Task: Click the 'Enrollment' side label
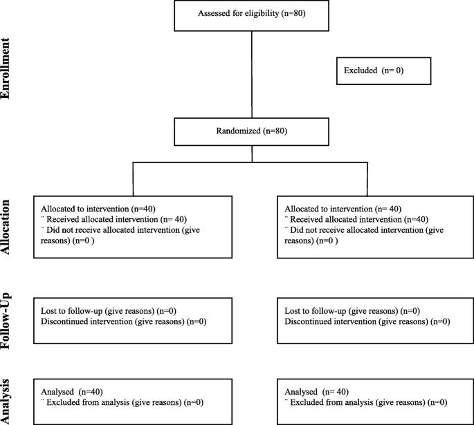pyautogui.click(x=6, y=68)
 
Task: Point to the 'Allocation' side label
pyautogui.click(x=6, y=227)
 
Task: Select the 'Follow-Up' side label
pyautogui.click(x=6, y=321)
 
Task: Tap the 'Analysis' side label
pyautogui.click(x=6, y=402)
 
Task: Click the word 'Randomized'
pyautogui.click(x=238, y=131)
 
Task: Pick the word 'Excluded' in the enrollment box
pyautogui.click(x=361, y=70)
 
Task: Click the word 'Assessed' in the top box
pyautogui.click(x=212, y=13)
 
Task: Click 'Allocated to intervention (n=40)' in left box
pyautogui.click(x=98, y=209)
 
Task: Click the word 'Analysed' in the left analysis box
pyautogui.click(x=57, y=392)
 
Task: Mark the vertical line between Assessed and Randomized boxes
pyautogui.click(x=252, y=75)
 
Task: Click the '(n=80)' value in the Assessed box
pyautogui.click(x=293, y=13)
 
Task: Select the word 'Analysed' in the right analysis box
pyautogui.click(x=301, y=392)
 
